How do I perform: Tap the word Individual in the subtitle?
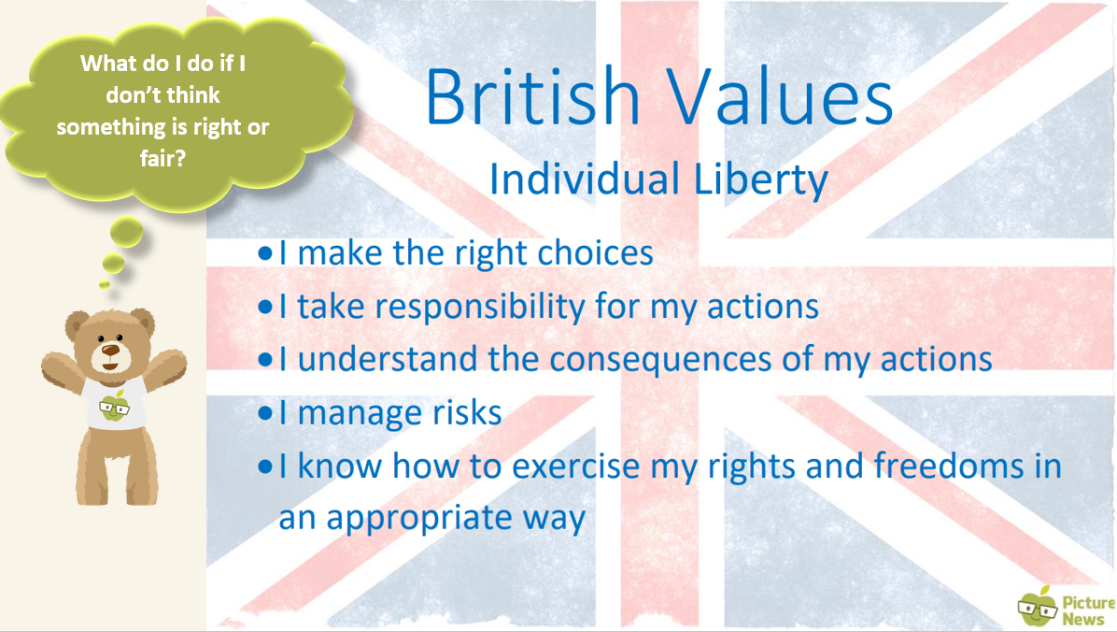[x=584, y=179]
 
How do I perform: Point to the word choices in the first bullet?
[x=595, y=252]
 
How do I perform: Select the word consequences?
[x=660, y=359]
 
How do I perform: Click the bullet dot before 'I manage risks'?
[x=265, y=413]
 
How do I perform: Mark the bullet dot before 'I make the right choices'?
[x=265, y=253]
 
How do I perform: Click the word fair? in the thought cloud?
[x=163, y=158]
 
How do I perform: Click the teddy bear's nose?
[x=110, y=350]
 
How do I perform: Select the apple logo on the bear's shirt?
[x=114, y=406]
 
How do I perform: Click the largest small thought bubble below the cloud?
[x=127, y=233]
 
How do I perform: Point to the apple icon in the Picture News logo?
[x=1038, y=607]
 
